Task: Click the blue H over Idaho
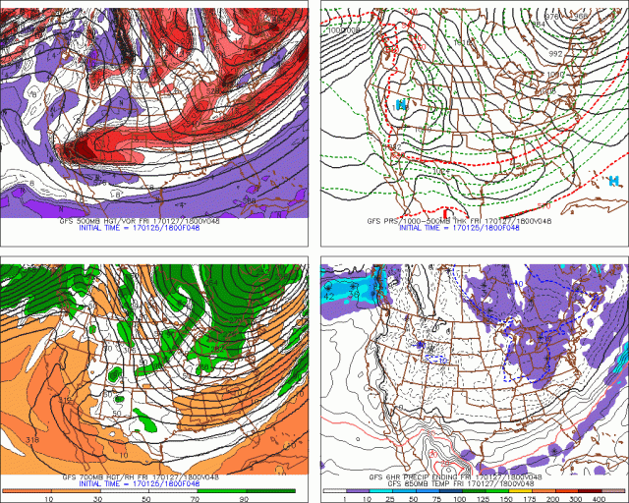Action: [400, 104]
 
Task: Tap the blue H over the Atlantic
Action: [613, 181]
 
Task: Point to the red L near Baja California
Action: [448, 211]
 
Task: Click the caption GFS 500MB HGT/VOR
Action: [98, 222]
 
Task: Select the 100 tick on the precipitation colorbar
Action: [457, 498]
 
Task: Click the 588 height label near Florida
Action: [251, 200]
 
